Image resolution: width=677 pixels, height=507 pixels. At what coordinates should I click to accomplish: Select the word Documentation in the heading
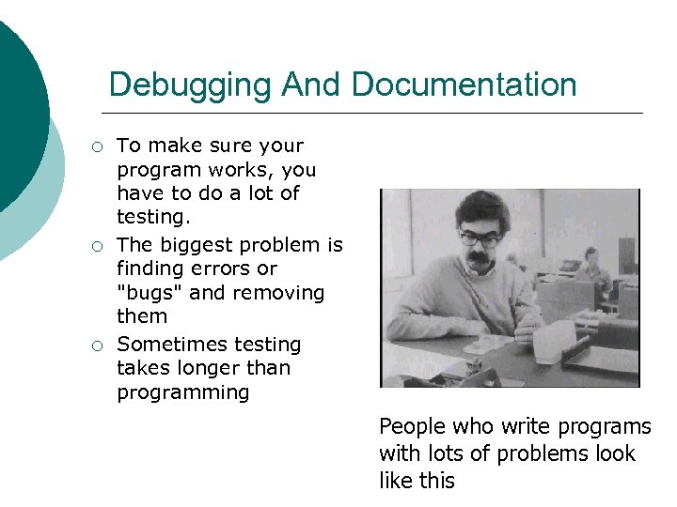464,85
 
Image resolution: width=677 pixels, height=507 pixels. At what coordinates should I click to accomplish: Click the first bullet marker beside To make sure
96,146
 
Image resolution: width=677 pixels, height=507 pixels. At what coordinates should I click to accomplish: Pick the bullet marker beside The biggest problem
96,246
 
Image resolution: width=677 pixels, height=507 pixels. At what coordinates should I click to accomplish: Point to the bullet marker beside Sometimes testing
96,346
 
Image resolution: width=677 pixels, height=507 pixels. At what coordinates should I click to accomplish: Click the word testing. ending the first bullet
152,218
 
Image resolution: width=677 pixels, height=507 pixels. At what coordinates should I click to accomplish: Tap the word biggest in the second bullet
199,245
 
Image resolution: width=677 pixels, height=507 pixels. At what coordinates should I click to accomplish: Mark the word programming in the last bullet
182,392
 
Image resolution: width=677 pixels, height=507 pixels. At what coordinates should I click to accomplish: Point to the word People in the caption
410,427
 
